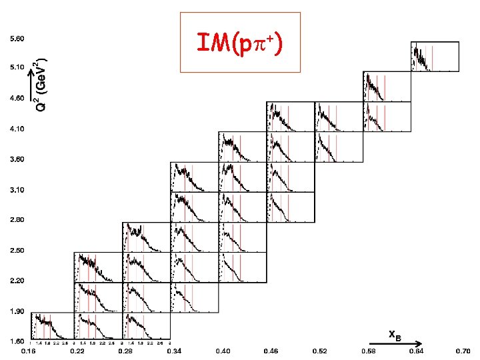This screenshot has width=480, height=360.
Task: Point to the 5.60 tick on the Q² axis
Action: click(17, 39)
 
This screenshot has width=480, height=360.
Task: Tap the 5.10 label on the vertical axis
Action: click(17, 67)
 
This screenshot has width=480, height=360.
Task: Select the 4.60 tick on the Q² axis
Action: click(17, 98)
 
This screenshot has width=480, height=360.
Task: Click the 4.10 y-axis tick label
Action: click(17, 129)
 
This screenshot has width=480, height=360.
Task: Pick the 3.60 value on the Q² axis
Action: click(17, 159)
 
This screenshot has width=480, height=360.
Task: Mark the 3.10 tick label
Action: click(17, 190)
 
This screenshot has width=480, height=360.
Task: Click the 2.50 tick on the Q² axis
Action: click(17, 250)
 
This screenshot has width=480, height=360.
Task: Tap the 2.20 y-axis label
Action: click(17, 281)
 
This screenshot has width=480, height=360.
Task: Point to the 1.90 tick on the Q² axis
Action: click(17, 311)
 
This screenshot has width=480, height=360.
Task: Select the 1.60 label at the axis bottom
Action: click(17, 341)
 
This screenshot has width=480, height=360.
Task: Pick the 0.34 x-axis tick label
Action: click(175, 351)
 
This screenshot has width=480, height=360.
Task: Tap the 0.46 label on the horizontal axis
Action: click(271, 351)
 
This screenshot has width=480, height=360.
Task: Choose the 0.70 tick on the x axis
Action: click(463, 351)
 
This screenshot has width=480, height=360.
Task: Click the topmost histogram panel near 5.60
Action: click(435, 56)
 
